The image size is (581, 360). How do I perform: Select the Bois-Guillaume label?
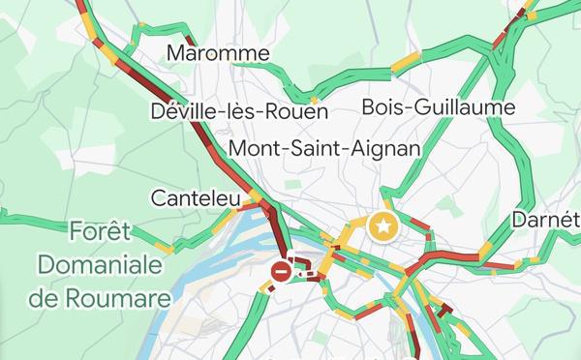(438, 106)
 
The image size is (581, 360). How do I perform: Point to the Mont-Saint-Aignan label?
(324, 149)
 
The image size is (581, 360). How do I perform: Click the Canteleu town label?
(196, 198)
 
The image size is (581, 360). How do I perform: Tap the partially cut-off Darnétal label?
(546, 219)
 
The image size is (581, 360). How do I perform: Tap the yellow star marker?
(384, 227)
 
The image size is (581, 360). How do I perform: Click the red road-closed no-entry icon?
(281, 272)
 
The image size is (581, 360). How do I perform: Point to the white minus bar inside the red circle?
(281, 272)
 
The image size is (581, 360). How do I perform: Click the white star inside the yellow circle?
(384, 227)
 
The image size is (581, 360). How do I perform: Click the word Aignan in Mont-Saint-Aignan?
(390, 149)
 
